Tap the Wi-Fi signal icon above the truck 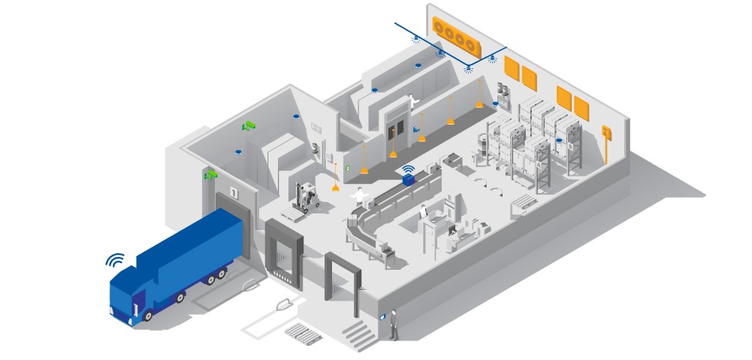tap(114, 261)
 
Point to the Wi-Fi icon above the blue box tap(408, 169)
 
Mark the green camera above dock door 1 tap(211, 174)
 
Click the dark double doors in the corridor tap(395, 123)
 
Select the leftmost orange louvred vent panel tap(512, 68)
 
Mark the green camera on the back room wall tap(249, 125)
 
